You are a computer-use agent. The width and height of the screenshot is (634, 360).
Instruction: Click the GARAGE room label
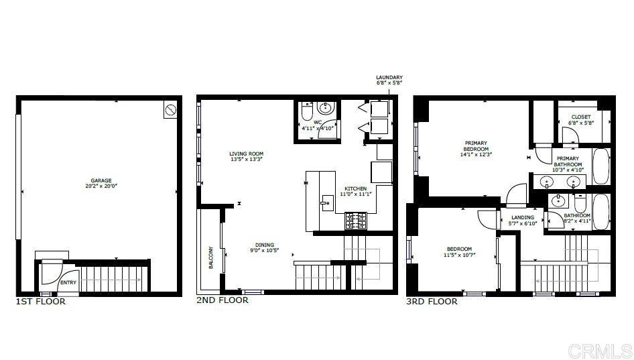click(x=101, y=181)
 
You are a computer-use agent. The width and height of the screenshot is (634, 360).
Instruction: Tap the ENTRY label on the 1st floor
click(x=68, y=283)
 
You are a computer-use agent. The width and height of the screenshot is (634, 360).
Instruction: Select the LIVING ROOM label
click(x=246, y=154)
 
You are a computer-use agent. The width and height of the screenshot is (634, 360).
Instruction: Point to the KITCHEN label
click(x=356, y=188)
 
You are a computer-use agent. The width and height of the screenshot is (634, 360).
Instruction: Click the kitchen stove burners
click(x=356, y=221)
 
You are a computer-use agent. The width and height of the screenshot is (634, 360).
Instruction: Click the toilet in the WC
click(x=308, y=110)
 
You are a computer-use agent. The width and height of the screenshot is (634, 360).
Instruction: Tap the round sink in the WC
click(x=326, y=108)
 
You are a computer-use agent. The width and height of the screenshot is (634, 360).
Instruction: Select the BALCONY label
click(x=210, y=257)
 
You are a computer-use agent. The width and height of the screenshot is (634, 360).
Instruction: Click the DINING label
click(x=265, y=245)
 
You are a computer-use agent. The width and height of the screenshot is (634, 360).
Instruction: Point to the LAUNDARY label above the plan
click(x=389, y=77)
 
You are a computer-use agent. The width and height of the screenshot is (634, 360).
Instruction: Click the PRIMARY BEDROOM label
click(x=476, y=146)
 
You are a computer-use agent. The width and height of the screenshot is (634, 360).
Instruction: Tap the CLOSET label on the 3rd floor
click(x=581, y=117)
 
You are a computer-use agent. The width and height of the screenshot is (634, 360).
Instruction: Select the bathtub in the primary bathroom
click(x=601, y=167)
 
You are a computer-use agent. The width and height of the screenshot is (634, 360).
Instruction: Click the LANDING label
click(x=523, y=218)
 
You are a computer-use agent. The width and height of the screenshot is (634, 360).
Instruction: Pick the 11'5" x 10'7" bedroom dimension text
click(x=460, y=255)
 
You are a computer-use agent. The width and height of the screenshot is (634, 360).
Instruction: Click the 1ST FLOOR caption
click(x=40, y=302)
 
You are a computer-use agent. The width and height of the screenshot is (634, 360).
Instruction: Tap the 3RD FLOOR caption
click(x=432, y=302)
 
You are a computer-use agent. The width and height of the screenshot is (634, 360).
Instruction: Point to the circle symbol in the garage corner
click(x=170, y=110)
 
